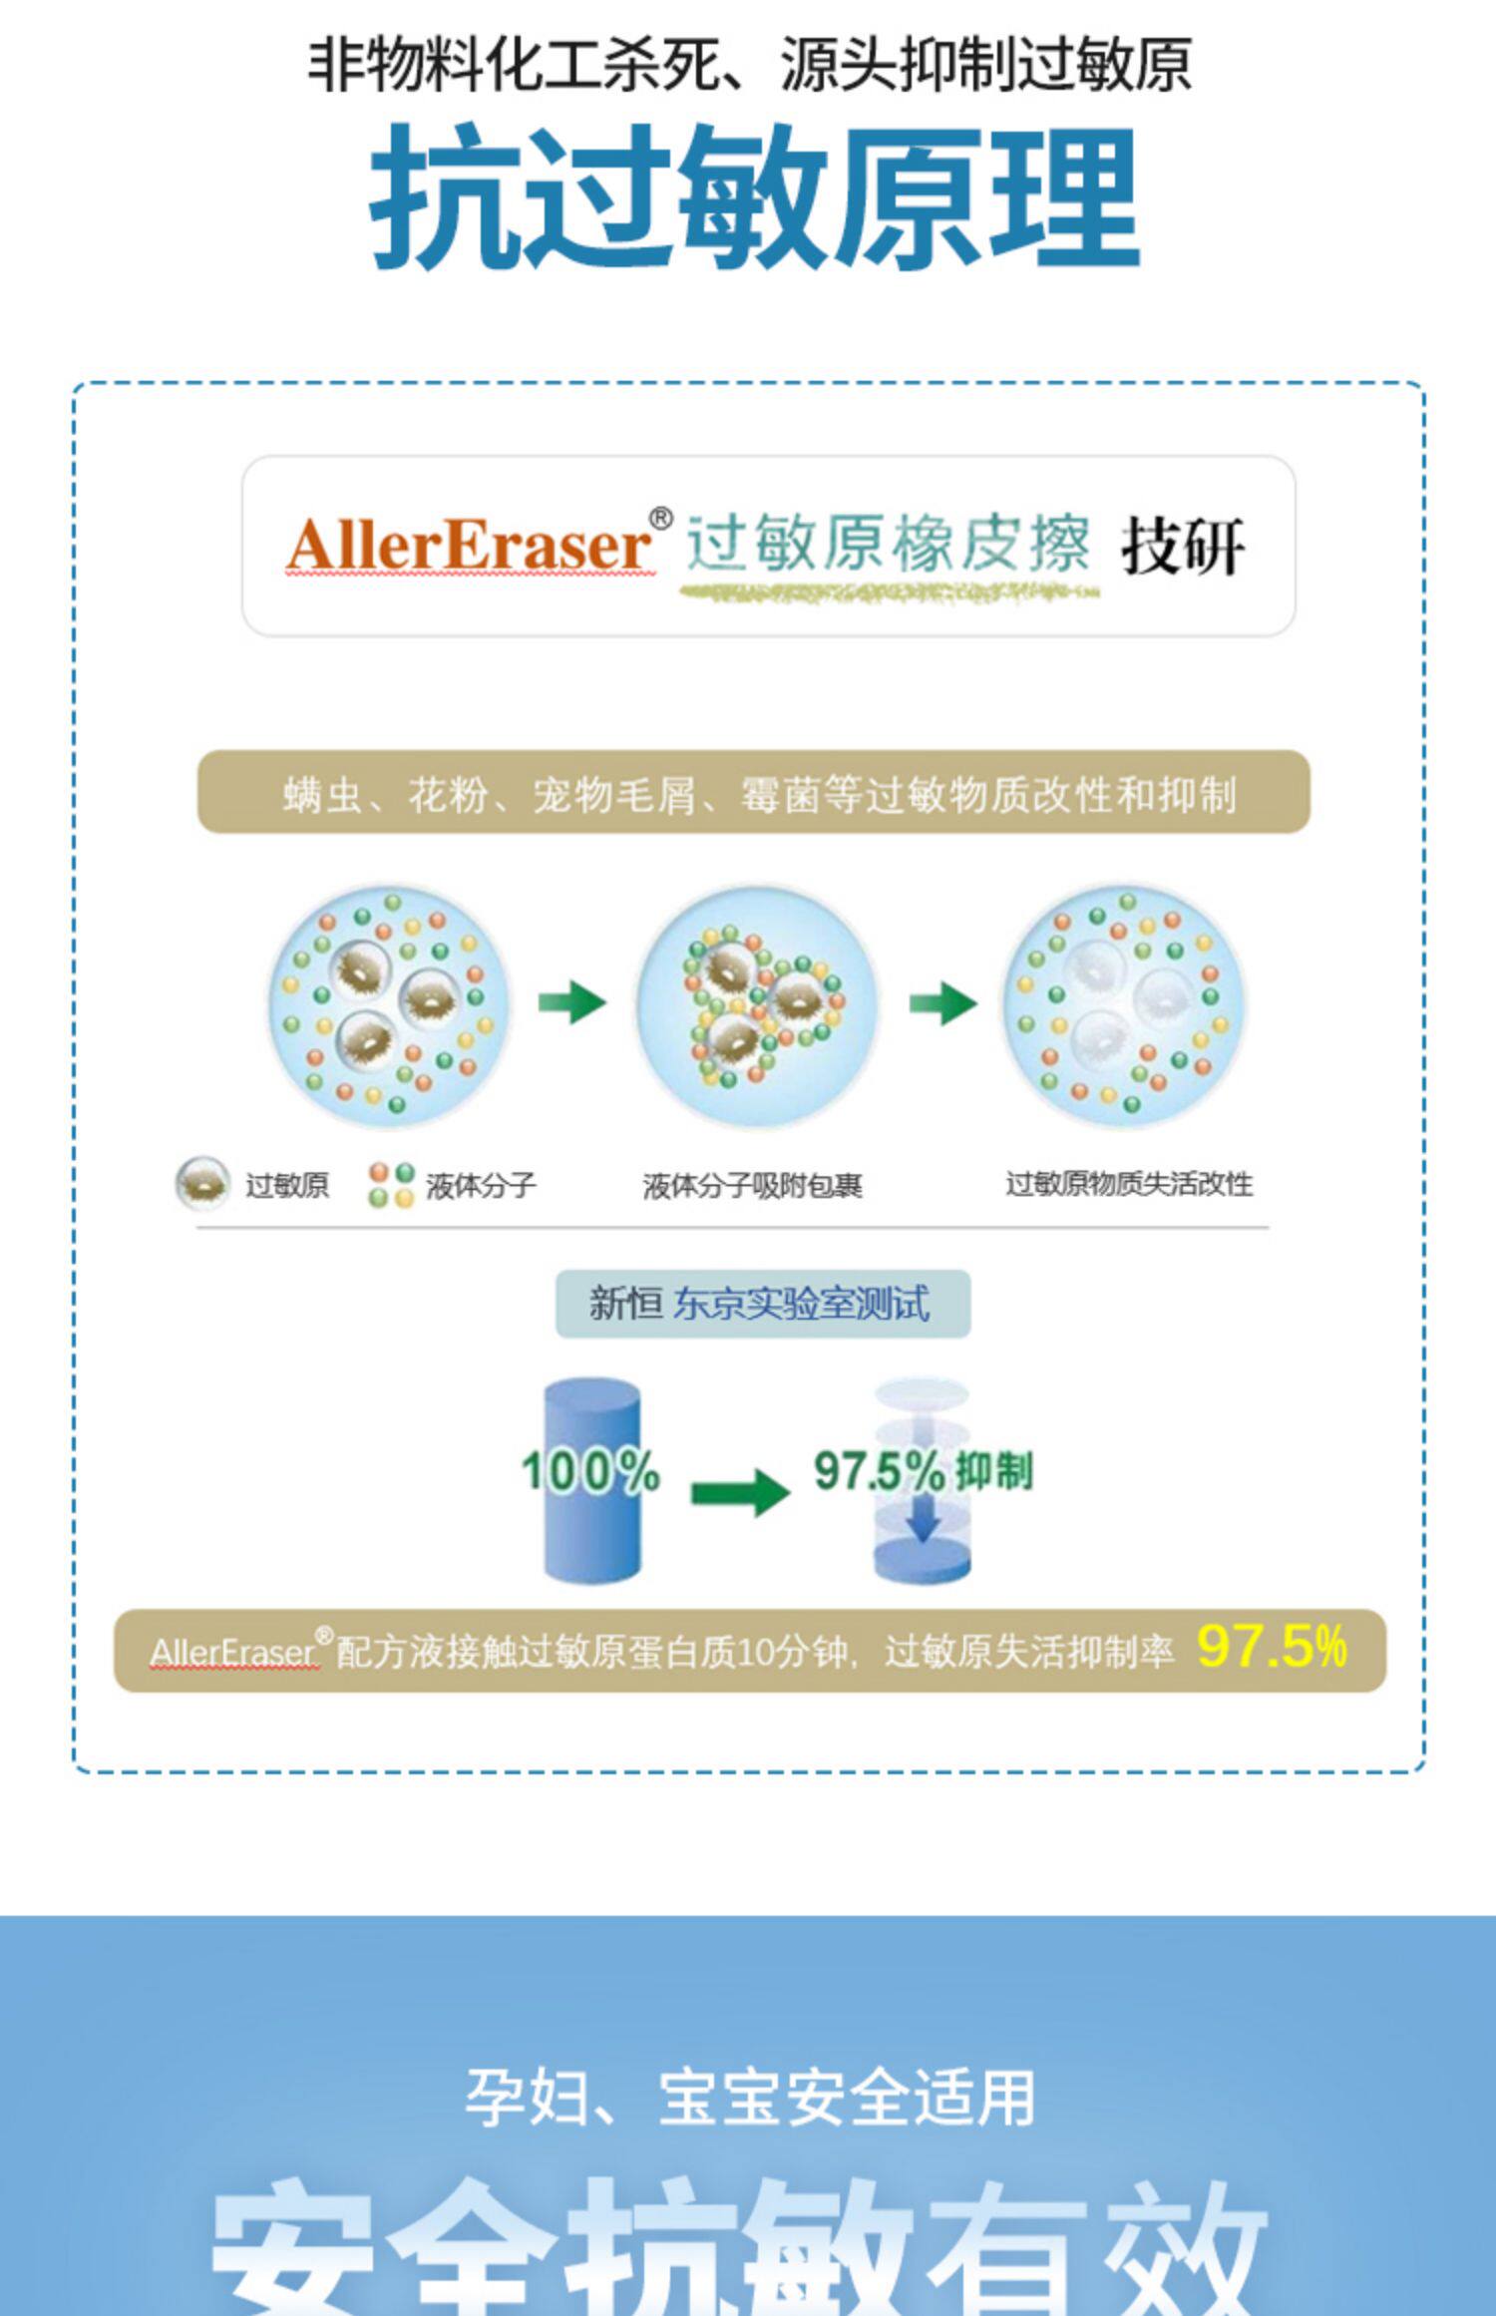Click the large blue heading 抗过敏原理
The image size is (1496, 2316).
pyautogui.click(x=754, y=197)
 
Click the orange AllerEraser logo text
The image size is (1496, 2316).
pyautogui.click(x=469, y=547)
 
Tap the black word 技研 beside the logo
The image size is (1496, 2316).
pyautogui.click(x=1183, y=547)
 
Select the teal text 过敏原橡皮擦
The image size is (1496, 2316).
pyautogui.click(x=888, y=545)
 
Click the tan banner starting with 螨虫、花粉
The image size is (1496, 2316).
pyautogui.click(x=754, y=794)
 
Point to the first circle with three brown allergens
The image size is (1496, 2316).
pyautogui.click(x=389, y=1005)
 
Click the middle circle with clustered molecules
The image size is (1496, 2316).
pyautogui.click(x=758, y=1005)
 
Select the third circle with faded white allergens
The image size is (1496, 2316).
pyautogui.click(x=1125, y=1005)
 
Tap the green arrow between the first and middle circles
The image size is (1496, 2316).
pyautogui.click(x=572, y=1001)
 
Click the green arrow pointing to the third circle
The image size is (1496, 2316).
pyautogui.click(x=942, y=1001)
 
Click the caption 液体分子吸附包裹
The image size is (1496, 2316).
pyautogui.click(x=752, y=1185)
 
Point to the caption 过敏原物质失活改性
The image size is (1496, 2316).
pyautogui.click(x=1128, y=1184)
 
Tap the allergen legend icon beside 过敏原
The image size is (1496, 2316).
pyautogui.click(x=202, y=1183)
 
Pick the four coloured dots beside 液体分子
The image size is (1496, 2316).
pyautogui.click(x=390, y=1184)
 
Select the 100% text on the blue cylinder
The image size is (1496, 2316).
pyautogui.click(x=590, y=1470)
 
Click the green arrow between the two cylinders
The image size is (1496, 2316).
pyautogui.click(x=740, y=1492)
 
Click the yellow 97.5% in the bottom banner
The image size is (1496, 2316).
pyautogui.click(x=1272, y=1647)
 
